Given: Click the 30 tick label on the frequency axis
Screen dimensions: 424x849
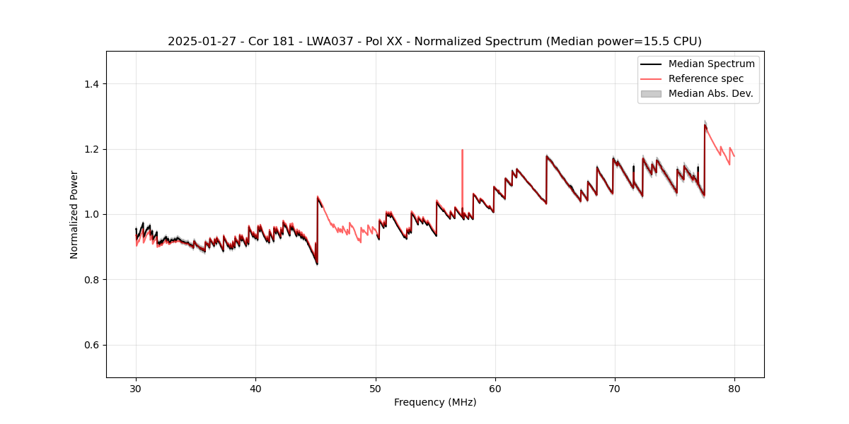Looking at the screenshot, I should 137,388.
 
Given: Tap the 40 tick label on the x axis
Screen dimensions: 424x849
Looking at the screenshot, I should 256,388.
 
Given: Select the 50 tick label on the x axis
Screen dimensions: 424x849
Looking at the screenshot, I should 376,388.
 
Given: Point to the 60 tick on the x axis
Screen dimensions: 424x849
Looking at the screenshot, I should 495,388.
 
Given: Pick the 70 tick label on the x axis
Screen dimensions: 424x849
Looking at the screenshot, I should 615,388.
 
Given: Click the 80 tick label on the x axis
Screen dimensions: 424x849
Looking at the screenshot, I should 734,388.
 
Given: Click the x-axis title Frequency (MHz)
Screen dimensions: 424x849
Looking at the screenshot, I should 435,402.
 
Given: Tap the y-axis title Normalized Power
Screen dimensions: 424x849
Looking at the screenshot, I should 74,214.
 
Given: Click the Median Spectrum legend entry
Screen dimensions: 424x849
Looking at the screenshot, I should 711,64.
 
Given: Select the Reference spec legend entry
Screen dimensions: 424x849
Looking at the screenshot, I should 705,78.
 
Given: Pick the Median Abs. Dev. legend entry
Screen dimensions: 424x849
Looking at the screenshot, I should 710,93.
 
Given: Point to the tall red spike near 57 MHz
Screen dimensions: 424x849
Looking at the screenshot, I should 462,163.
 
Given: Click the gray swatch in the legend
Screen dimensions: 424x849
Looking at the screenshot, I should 651,93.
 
